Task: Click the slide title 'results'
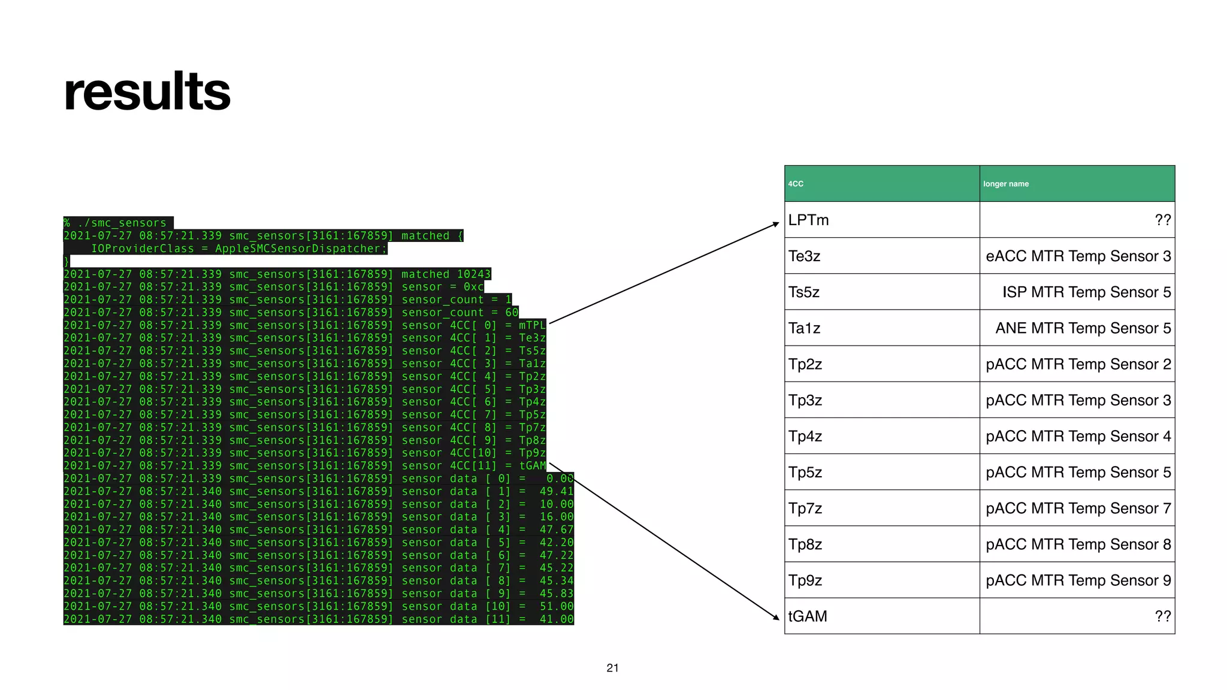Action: pos(147,92)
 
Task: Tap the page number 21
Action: pos(612,668)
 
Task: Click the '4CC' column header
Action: pos(796,184)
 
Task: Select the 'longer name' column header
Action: pos(1005,184)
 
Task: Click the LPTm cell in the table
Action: pos(808,220)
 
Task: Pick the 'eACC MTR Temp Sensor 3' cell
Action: pos(1078,256)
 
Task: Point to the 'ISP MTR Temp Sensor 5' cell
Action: pos(1086,292)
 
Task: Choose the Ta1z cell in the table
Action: pos(804,328)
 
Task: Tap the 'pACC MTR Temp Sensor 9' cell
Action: pos(1078,580)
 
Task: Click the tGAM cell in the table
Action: pos(807,616)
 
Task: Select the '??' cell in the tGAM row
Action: pos(1162,616)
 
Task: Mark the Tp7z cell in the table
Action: pos(805,509)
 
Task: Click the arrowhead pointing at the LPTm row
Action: pos(776,224)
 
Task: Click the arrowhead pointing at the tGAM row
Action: pos(776,617)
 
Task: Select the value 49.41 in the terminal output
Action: pos(556,491)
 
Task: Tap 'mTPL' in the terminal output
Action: pos(532,325)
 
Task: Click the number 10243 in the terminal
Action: pos(473,274)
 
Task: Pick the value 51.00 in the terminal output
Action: pos(556,606)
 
